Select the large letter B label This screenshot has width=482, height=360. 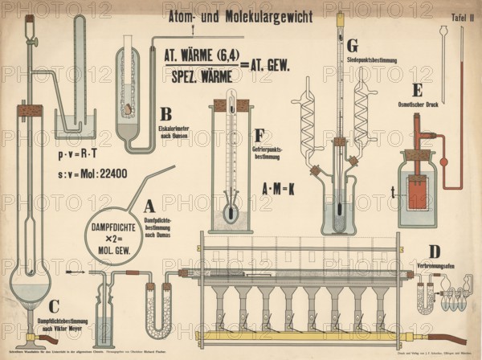(165, 115)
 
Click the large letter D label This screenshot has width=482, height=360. (434, 252)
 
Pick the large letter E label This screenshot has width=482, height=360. (416, 90)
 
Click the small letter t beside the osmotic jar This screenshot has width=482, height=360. (392, 192)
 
